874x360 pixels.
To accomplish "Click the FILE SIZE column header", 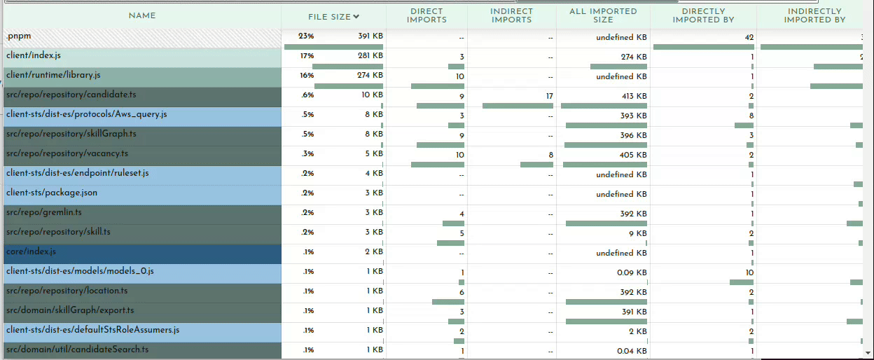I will [333, 16].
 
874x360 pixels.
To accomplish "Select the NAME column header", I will [142, 15].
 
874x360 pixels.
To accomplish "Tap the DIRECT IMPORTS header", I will [426, 15].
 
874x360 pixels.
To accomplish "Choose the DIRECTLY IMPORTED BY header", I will [703, 15].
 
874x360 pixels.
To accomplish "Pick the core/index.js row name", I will [31, 251].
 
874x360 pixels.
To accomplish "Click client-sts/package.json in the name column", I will [52, 193].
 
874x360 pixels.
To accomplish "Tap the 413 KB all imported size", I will [632, 96].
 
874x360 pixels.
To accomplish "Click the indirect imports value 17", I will [548, 96].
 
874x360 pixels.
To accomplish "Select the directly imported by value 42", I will [749, 37].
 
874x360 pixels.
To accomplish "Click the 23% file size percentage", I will [307, 36].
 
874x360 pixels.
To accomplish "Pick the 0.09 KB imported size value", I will [632, 272].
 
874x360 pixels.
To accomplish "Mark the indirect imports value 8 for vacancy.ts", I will [550, 155].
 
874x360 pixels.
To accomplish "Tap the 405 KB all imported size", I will [632, 155].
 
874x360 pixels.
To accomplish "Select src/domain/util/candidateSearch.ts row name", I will [76, 349].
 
